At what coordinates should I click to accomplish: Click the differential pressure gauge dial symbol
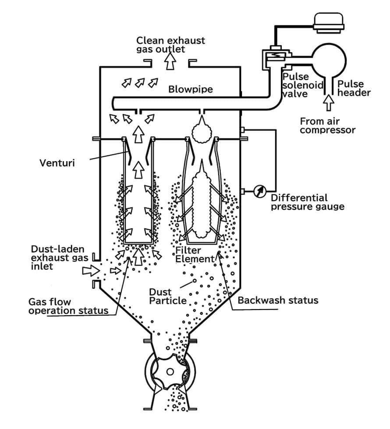[x=259, y=191]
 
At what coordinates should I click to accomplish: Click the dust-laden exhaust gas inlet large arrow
[x=91, y=271]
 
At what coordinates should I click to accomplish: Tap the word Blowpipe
[x=191, y=89]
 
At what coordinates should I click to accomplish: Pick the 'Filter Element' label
[x=195, y=255]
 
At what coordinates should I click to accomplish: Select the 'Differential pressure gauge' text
[x=307, y=202]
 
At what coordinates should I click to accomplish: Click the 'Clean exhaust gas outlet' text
[x=170, y=44]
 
